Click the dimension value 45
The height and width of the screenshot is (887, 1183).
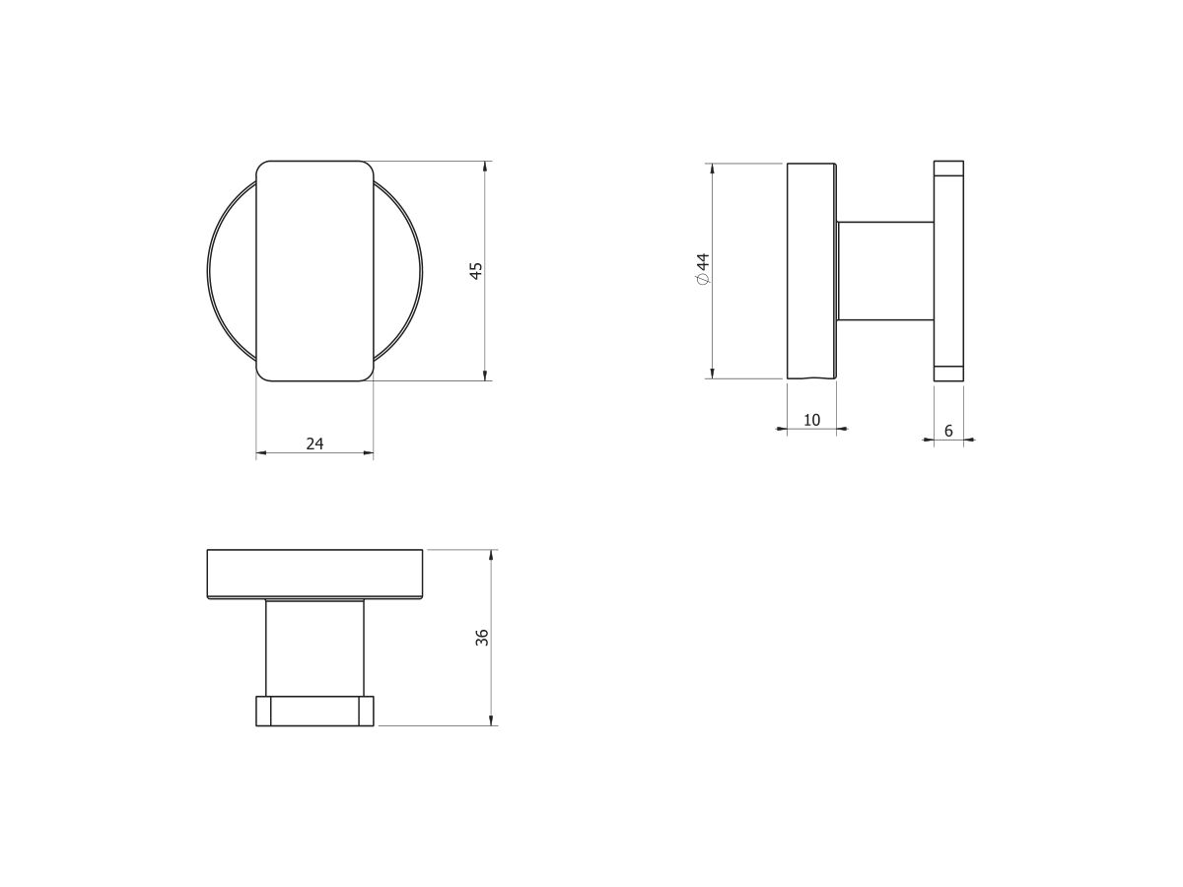(475, 271)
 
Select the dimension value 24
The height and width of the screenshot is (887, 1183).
(314, 443)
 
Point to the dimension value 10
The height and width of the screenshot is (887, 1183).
(811, 420)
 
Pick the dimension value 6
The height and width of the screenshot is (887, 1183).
(948, 431)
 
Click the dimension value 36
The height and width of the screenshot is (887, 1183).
(482, 637)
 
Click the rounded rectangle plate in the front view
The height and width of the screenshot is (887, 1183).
(314, 271)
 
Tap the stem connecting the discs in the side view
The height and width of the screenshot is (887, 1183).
(885, 271)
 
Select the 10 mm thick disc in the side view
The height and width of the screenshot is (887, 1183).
(811, 271)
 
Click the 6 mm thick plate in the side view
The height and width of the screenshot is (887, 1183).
(948, 271)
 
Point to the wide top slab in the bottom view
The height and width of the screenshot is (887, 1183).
(314, 574)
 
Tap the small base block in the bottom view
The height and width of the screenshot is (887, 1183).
(314, 711)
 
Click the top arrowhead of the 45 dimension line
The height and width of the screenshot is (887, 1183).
(486, 167)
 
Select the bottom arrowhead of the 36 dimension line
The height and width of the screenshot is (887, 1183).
(492, 720)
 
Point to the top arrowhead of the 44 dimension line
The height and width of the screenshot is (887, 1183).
(712, 169)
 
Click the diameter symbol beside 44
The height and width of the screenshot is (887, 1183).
(703, 280)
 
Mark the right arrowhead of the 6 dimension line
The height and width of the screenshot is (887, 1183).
(969, 441)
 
